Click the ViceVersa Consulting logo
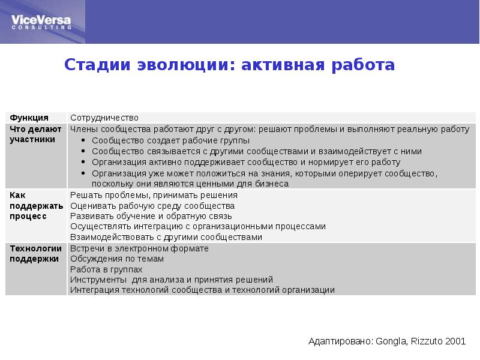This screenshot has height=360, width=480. [41, 21]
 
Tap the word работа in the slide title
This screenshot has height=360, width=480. [362, 65]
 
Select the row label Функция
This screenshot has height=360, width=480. [29, 118]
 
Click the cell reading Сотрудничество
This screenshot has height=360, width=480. [104, 118]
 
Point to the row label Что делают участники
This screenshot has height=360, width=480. [32, 134]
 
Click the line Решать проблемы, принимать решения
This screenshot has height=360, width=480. [154, 196]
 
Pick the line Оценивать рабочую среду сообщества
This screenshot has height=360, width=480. [152, 206]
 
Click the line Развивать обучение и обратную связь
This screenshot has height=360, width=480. [151, 216]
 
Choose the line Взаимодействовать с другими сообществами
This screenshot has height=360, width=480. [166, 237]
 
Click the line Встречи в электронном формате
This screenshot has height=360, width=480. [139, 248]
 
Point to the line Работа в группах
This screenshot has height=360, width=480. [106, 269]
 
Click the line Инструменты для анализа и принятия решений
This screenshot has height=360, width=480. [172, 280]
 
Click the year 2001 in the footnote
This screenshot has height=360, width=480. [455, 341]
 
